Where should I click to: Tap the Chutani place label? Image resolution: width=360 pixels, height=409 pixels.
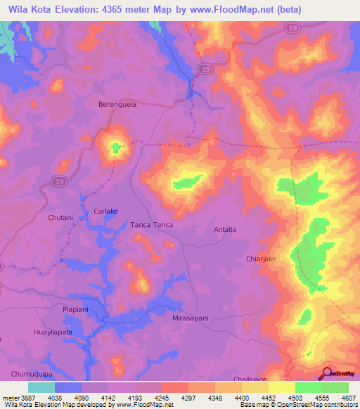[60, 218]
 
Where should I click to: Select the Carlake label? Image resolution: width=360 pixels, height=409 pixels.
[106, 211]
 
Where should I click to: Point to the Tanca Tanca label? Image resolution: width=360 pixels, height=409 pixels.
[151, 225]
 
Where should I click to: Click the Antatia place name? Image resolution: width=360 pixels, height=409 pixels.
[225, 230]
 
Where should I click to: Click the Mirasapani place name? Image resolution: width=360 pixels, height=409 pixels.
[191, 318]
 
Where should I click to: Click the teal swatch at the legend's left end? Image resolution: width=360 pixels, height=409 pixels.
[41, 387]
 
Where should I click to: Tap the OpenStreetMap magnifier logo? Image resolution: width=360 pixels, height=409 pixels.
[326, 373]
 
